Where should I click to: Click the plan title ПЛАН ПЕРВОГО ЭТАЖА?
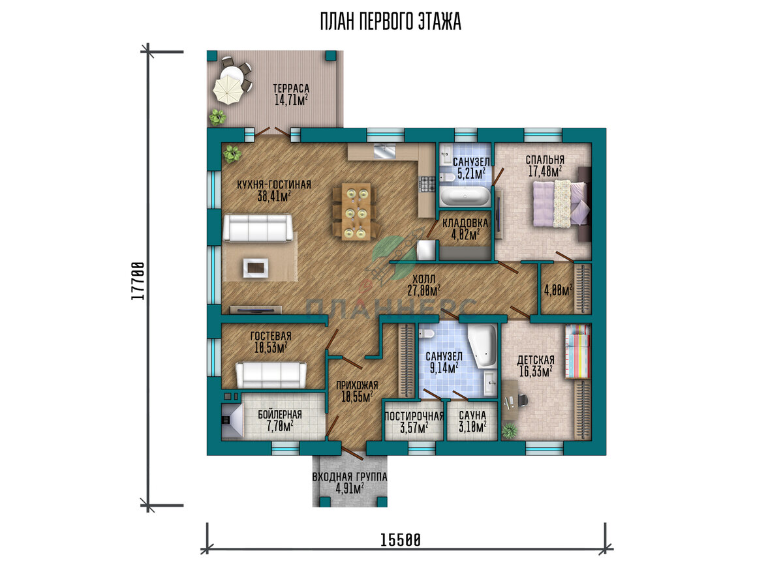click(x=391, y=22)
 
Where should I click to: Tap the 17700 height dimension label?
click(x=138, y=280)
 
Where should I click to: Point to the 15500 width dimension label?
click(x=401, y=540)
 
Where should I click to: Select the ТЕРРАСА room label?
click(x=291, y=88)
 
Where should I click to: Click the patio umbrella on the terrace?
click(x=228, y=90)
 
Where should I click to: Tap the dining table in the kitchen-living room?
click(x=356, y=212)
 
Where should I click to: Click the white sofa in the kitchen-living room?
click(x=258, y=228)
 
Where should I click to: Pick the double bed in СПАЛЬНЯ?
click(x=561, y=203)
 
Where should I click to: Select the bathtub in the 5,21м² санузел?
click(x=465, y=196)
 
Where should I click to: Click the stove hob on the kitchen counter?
click(x=427, y=184)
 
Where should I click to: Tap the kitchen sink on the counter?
click(x=384, y=151)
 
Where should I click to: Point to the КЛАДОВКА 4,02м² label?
click(x=465, y=229)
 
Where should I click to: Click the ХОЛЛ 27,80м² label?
click(x=423, y=285)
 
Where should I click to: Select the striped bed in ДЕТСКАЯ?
click(x=578, y=351)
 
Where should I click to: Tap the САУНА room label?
click(x=472, y=415)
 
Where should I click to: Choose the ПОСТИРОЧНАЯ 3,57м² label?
click(x=414, y=422)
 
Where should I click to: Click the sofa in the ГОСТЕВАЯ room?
click(x=271, y=375)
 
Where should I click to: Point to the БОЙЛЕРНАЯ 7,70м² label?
click(x=280, y=421)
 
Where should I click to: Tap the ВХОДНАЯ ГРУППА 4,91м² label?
click(x=350, y=483)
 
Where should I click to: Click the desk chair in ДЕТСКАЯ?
click(x=522, y=400)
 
